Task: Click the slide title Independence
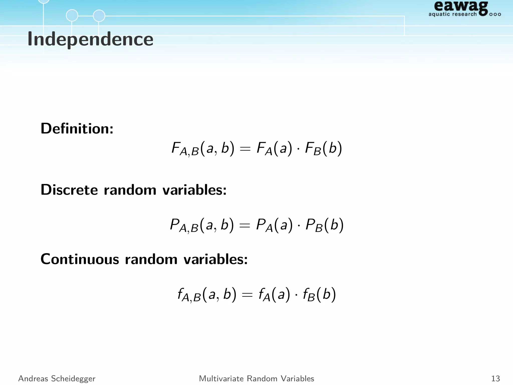tap(90, 39)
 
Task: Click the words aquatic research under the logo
tap(452, 14)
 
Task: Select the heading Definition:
tap(77, 129)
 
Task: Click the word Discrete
tap(69, 190)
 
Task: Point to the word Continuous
tap(80, 259)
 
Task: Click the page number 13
tap(495, 378)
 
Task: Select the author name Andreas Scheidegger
tap(57, 378)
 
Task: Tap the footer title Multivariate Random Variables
tap(256, 378)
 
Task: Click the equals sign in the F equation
tap(245, 149)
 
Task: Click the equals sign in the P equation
tap(245, 225)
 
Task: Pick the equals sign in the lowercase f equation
tap(247, 295)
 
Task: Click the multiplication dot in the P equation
tap(299, 225)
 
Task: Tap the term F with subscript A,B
tap(185, 149)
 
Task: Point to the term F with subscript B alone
tap(313, 149)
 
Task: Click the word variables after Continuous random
tap(215, 259)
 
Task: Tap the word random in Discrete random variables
tap(130, 190)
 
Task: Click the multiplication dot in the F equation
tap(298, 149)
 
